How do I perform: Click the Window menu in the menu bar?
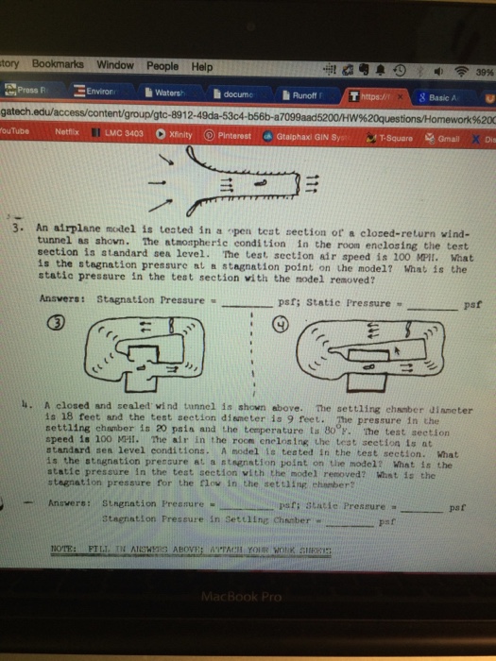click(114, 65)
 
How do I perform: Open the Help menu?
click(201, 66)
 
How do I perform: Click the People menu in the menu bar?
click(162, 66)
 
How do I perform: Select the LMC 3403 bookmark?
click(119, 135)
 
